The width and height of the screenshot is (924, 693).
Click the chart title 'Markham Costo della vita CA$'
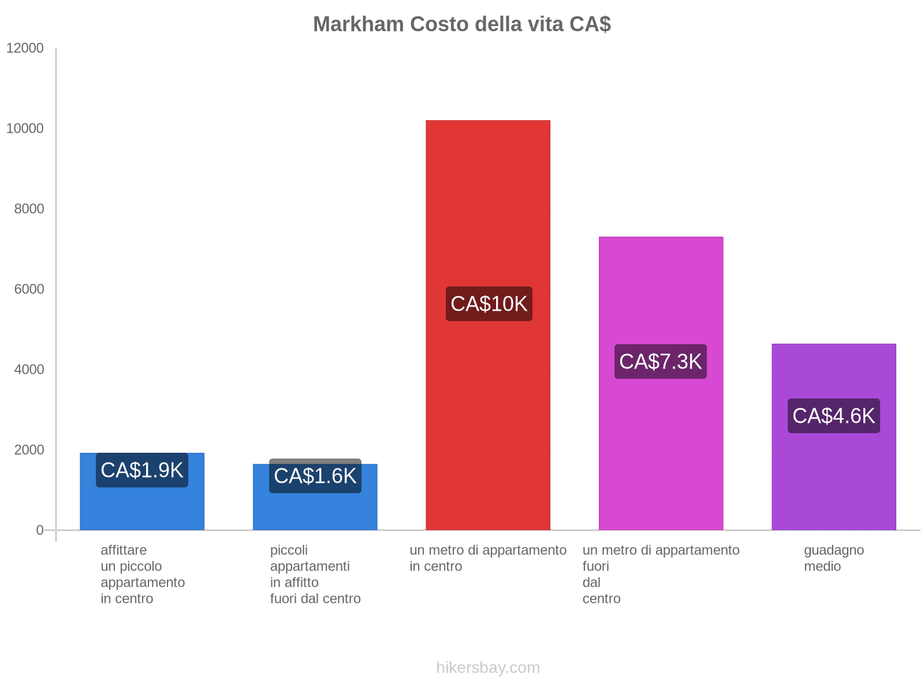click(462, 24)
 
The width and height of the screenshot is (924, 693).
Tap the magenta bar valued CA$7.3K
click(661, 450)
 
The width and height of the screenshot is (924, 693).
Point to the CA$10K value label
click(489, 304)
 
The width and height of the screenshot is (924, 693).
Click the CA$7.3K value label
click(660, 362)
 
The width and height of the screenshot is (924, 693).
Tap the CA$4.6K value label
click(833, 416)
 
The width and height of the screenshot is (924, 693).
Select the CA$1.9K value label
click(142, 470)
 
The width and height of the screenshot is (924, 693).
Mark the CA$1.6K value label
click(315, 476)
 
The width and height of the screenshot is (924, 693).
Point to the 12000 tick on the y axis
click(25, 48)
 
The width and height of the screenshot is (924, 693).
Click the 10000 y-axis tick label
click(25, 128)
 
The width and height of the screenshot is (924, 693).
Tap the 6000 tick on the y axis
click(29, 289)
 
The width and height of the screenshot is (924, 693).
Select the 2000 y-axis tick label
click(29, 449)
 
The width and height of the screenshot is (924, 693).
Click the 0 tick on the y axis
click(40, 530)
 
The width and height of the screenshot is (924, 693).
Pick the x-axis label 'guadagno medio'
click(833, 558)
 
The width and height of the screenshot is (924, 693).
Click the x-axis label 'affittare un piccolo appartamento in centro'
click(142, 574)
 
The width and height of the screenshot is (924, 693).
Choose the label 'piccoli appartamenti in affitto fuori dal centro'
click(315, 574)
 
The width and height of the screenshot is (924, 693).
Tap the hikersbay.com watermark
click(488, 668)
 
